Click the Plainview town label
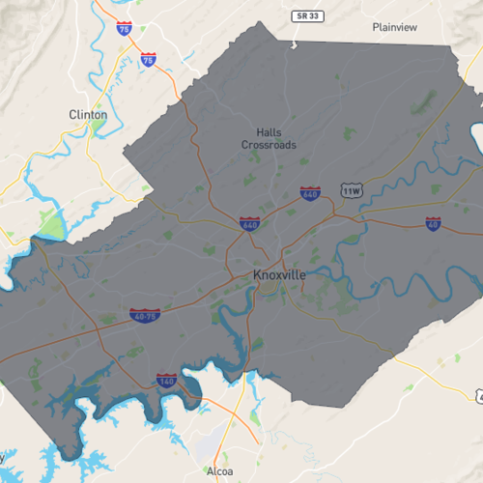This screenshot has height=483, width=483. pyautogui.click(x=396, y=27)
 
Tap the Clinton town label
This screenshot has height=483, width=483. pyautogui.click(x=88, y=114)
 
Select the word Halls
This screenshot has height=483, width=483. pyautogui.click(x=270, y=132)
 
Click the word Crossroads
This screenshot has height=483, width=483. pyautogui.click(x=270, y=145)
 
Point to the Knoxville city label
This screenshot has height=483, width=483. pyautogui.click(x=279, y=275)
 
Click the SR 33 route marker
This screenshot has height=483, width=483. pyautogui.click(x=304, y=16)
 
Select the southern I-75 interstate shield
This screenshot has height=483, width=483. pyautogui.click(x=148, y=60)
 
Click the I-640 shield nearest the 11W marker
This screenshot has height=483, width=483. pyautogui.click(x=310, y=193)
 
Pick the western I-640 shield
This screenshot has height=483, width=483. pyautogui.click(x=249, y=224)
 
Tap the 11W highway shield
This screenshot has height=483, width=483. pyautogui.click(x=351, y=190)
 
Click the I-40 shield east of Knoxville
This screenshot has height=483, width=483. pyautogui.click(x=433, y=224)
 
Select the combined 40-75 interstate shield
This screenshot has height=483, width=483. pyautogui.click(x=144, y=316)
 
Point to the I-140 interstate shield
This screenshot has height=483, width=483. pyautogui.click(x=166, y=381)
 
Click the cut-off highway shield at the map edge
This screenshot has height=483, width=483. pyautogui.click(x=479, y=397)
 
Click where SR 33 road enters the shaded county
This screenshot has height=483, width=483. pyautogui.click(x=293, y=43)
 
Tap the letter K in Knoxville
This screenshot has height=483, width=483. pyautogui.click(x=258, y=275)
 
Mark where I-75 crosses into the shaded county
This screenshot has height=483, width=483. pyautogui.click(x=181, y=94)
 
